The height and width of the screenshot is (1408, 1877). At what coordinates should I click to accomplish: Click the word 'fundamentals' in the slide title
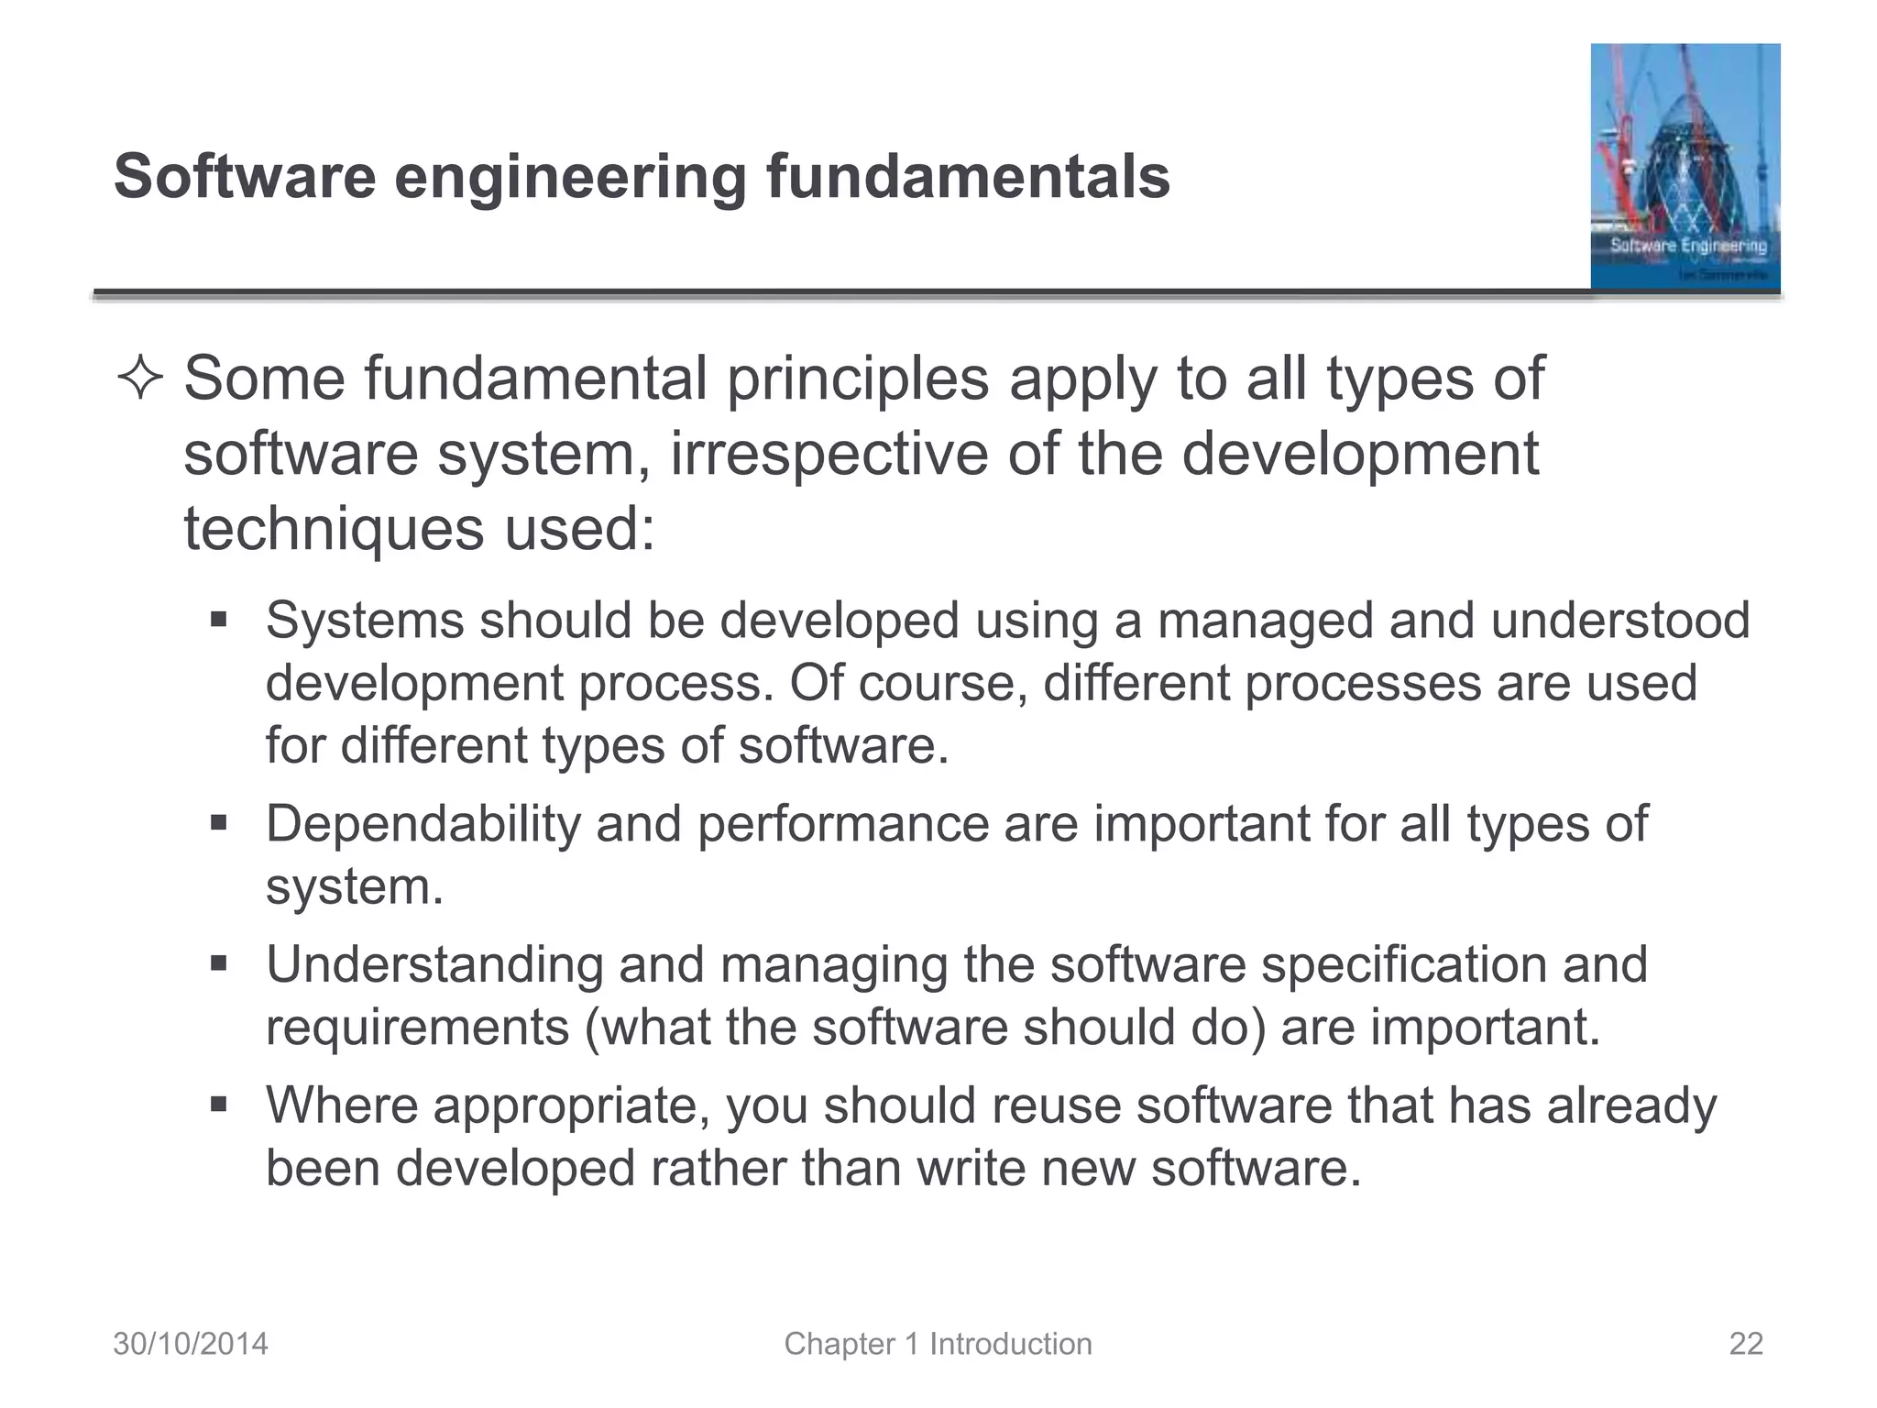968,176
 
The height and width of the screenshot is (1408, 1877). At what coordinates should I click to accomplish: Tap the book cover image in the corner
1685,167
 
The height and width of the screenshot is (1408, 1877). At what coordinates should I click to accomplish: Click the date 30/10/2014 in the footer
191,1344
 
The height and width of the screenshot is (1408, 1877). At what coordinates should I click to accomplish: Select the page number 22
1745,1344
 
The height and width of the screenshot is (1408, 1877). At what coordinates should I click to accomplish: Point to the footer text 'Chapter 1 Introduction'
938,1344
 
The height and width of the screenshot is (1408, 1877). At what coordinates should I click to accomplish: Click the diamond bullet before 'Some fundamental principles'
140,379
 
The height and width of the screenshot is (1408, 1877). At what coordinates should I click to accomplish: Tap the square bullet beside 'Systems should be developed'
218,621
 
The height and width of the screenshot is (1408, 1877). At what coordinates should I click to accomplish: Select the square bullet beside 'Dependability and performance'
218,823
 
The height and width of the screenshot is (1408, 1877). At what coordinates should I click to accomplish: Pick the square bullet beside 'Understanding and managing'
218,964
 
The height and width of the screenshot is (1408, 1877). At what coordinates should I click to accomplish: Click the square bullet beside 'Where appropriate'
218,1105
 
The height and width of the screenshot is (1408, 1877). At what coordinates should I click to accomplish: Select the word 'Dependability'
423,823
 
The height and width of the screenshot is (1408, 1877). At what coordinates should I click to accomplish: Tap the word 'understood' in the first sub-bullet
1619,621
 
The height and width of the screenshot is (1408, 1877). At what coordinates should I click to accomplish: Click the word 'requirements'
417,1027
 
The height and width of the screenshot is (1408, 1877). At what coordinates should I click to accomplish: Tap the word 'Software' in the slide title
245,176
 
